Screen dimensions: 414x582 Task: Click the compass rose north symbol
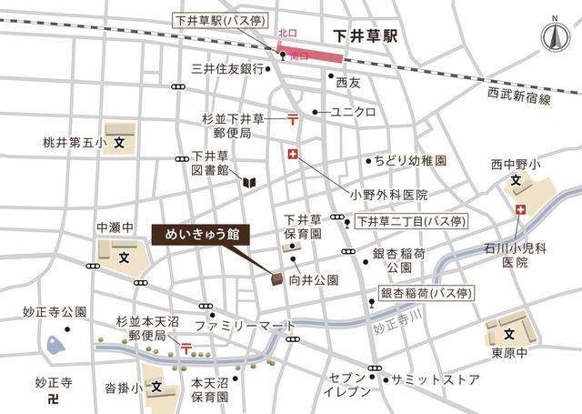[552, 36]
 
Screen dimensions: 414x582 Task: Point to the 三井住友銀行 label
[226, 68]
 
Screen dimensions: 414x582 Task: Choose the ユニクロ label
[353, 112]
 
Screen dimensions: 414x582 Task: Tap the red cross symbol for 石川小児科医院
[520, 211]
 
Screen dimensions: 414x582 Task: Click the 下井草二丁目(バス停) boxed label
[410, 220]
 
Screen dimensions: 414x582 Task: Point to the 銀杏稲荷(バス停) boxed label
[431, 293]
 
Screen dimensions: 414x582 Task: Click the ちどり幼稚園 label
[409, 160]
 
